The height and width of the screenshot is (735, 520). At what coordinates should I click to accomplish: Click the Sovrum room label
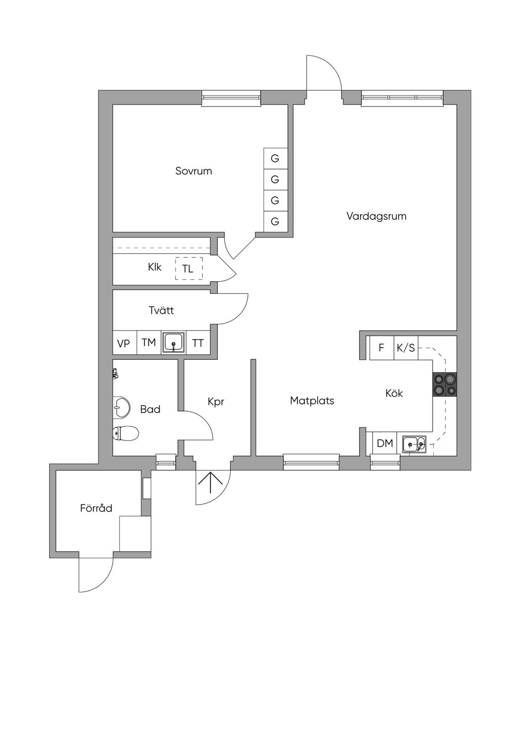(193, 171)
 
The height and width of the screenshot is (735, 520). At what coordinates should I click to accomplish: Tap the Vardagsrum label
(376, 216)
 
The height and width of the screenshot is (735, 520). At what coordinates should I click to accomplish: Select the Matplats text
(312, 401)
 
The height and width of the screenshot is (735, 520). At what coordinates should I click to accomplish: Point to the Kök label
(394, 393)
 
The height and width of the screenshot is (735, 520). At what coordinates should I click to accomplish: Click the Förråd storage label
(96, 508)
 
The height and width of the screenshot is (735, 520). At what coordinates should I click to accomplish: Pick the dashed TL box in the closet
(188, 269)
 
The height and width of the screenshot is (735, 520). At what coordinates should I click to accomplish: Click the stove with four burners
(444, 384)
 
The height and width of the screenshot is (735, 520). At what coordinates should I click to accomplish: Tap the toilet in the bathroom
(125, 434)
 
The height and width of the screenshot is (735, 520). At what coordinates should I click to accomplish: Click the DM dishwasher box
(385, 444)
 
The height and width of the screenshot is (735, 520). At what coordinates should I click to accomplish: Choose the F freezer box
(381, 348)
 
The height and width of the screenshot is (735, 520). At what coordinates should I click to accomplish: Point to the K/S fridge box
(406, 348)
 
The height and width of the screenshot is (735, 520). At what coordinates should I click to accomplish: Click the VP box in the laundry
(124, 343)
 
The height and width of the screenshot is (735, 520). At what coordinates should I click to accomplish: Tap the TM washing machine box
(149, 343)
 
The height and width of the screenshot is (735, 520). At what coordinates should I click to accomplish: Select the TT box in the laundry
(198, 343)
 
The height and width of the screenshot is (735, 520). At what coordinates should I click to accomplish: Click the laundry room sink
(174, 342)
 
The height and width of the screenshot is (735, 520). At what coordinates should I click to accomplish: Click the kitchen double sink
(414, 444)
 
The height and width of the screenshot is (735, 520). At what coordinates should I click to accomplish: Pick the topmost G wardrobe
(275, 158)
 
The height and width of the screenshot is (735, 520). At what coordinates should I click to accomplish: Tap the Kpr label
(216, 402)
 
